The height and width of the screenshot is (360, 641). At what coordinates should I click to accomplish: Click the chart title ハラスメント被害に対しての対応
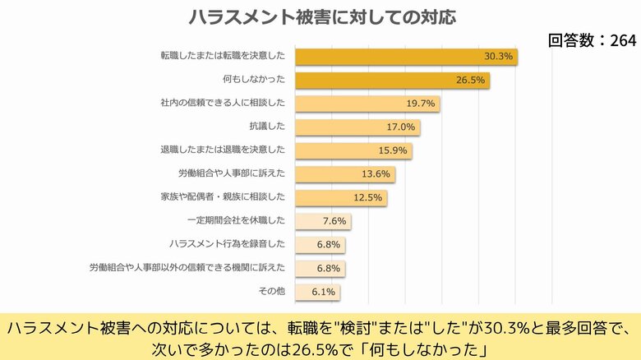pyautogui.click(x=321, y=16)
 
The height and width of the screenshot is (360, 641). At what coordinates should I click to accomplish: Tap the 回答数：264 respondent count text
pyautogui.click(x=592, y=40)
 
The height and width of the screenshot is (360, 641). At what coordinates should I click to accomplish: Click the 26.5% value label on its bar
pyautogui.click(x=471, y=81)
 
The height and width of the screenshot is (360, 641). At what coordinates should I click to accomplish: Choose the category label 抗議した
pyautogui.click(x=266, y=127)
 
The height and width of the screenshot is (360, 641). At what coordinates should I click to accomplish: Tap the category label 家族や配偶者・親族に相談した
pyautogui.click(x=223, y=197)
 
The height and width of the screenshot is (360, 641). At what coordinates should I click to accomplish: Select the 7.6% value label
pyautogui.click(x=335, y=221)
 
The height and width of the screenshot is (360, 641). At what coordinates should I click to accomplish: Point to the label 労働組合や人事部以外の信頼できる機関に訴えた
pyautogui.click(x=187, y=268)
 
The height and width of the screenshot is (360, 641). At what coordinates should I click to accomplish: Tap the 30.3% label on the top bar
pyautogui.click(x=498, y=57)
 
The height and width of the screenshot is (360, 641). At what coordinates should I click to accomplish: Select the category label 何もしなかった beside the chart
pyautogui.click(x=254, y=81)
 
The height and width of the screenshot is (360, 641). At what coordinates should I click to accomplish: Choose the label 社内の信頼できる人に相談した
pyautogui.click(x=223, y=104)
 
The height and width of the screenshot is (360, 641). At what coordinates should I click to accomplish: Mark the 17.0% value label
pyautogui.click(x=402, y=127)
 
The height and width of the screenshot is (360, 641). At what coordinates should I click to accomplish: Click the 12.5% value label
pyautogui.click(x=368, y=198)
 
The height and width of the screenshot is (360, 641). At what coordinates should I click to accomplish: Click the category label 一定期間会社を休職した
pyautogui.click(x=236, y=221)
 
